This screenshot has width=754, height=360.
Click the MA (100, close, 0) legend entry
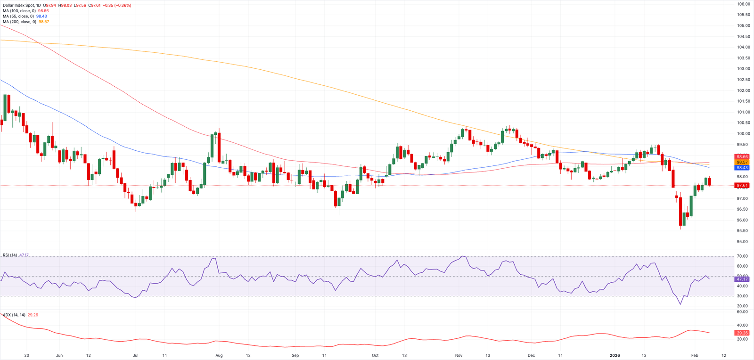click(19, 11)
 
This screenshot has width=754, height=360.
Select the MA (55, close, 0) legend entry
click(18, 16)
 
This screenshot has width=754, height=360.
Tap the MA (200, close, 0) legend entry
click(19, 22)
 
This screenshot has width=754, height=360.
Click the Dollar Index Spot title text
click(18, 5)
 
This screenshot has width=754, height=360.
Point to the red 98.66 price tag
click(742, 157)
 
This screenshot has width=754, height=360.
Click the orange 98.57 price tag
click(742, 162)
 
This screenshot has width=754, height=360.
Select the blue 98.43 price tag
click(742, 168)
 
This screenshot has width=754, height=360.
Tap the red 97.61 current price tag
click(742, 186)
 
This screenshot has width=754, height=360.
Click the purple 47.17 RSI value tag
click(742, 279)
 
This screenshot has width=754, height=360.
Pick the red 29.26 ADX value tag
click(742, 333)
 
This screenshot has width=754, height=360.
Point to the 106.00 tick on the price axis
click(744, 4)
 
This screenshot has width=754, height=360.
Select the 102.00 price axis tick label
click(744, 90)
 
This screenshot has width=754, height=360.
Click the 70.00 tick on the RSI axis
click(743, 256)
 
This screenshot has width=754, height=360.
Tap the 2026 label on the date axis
click(615, 355)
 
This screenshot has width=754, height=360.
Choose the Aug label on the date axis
click(219, 355)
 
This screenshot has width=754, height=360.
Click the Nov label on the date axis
click(459, 355)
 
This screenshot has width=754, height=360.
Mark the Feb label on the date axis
click(695, 355)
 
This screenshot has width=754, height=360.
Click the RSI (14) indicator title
click(10, 255)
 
